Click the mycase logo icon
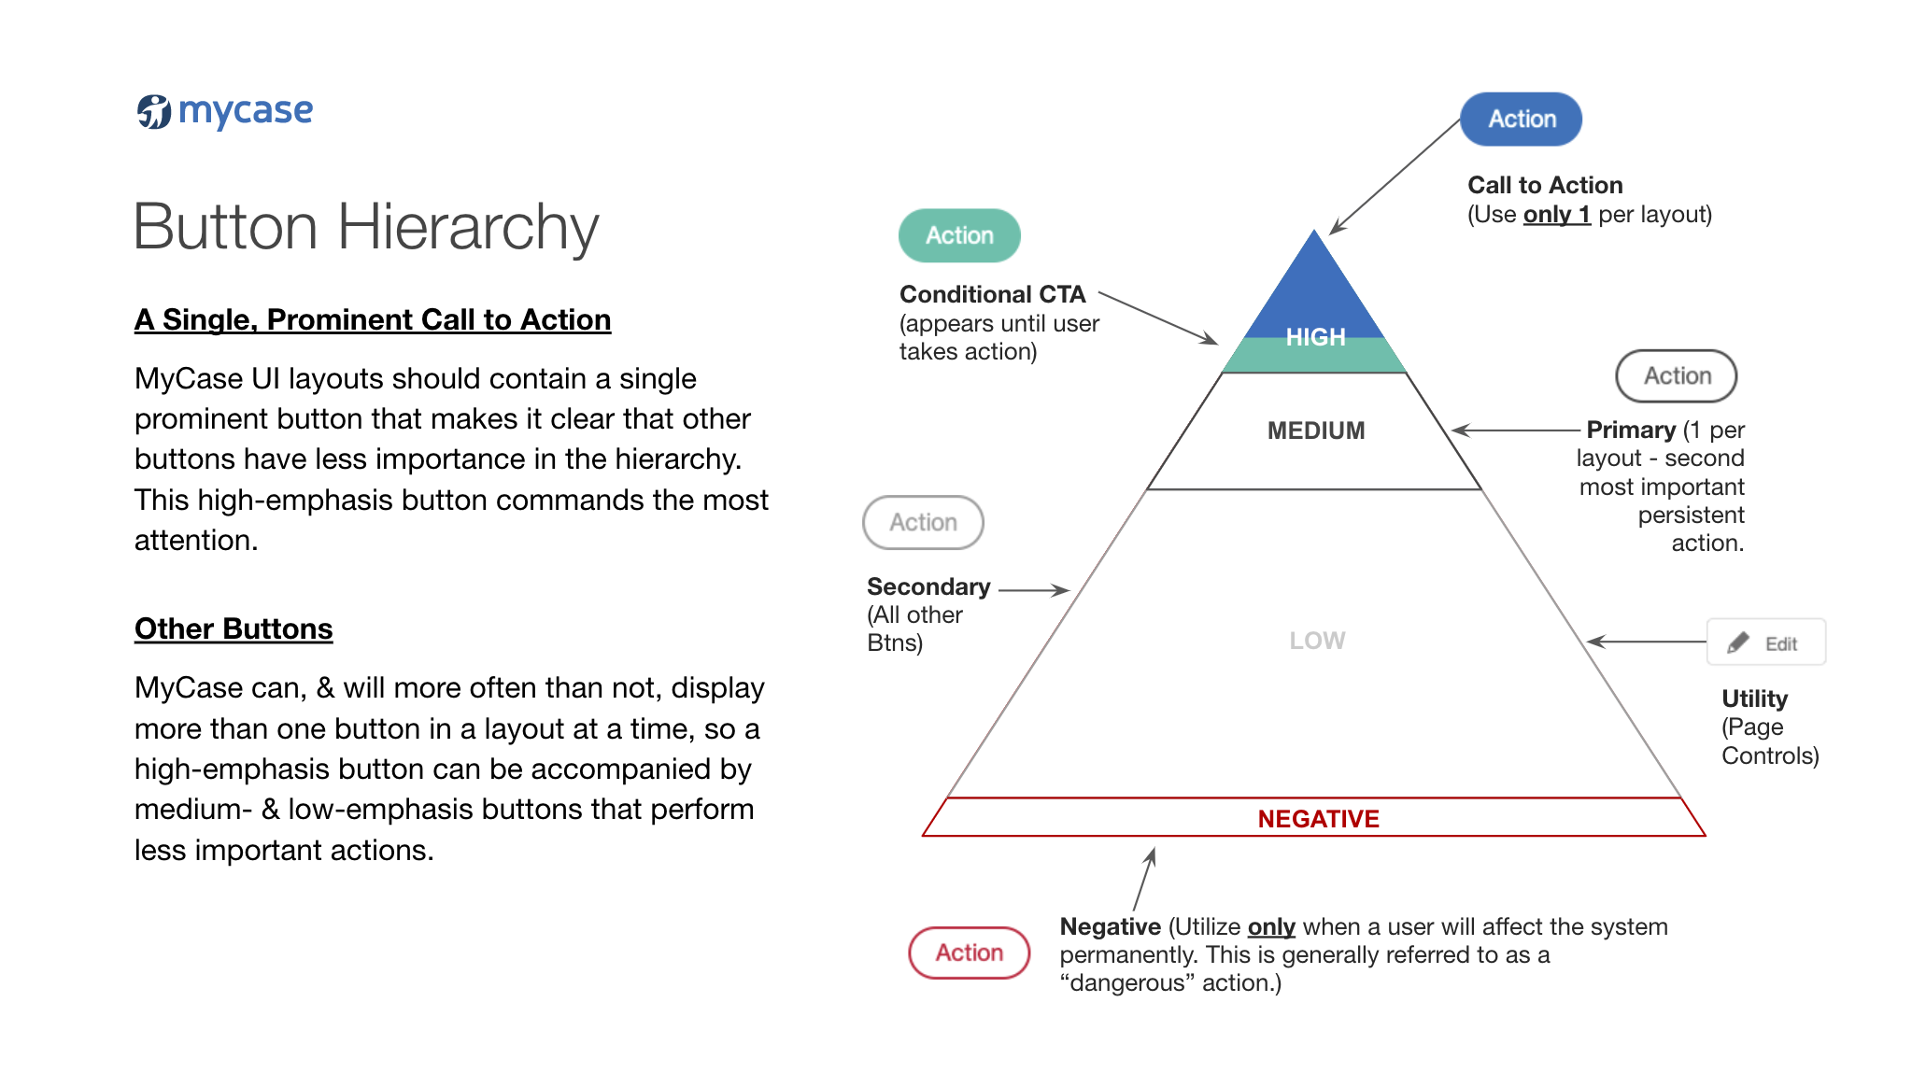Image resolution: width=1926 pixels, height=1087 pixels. [x=154, y=112]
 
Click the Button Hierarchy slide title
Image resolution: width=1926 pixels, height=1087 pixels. [x=366, y=227]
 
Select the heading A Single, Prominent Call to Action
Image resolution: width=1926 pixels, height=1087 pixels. [x=373, y=320]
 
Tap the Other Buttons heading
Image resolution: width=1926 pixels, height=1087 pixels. [x=234, y=629]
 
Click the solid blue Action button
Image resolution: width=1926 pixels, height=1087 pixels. [x=1521, y=120]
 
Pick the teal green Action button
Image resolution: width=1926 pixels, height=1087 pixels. [x=959, y=235]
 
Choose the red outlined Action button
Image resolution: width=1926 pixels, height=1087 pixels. [x=969, y=953]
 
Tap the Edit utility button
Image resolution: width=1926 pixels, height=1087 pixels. [x=1765, y=642]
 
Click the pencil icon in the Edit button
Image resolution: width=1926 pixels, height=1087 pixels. [x=1738, y=642]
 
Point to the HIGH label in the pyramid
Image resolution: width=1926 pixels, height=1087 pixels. [x=1315, y=337]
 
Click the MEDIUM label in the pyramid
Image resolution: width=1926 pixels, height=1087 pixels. [x=1316, y=431]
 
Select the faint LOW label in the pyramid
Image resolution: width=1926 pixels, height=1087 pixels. [x=1317, y=641]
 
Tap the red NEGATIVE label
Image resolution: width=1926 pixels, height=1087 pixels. [x=1318, y=819]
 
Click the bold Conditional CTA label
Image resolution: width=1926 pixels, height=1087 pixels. [x=992, y=295]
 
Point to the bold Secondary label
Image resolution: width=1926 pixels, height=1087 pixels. [x=928, y=587]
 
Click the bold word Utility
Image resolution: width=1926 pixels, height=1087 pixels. [x=1754, y=699]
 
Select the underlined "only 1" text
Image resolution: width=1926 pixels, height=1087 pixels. [x=1556, y=215]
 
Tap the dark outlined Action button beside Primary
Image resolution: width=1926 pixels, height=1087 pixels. [x=1676, y=376]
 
